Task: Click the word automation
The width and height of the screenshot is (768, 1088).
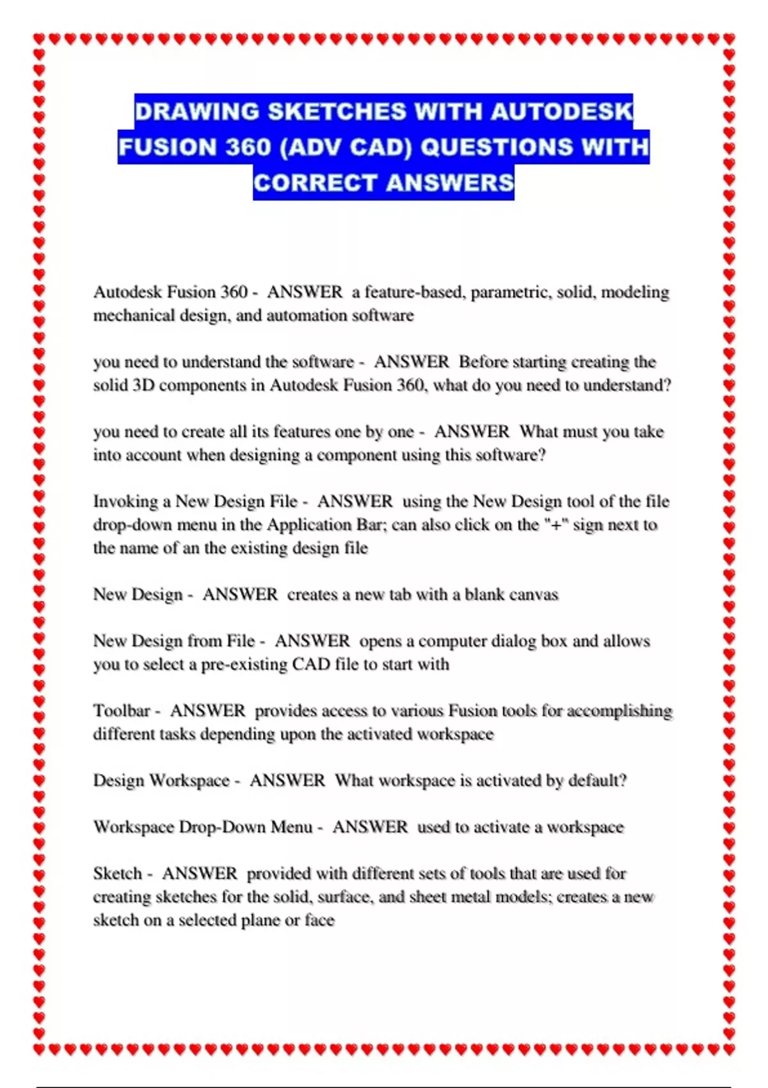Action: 305,316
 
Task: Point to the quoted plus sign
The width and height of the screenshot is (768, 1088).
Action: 556,525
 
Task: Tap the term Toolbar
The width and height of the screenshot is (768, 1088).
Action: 121,711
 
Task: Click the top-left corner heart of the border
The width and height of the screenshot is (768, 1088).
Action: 39,39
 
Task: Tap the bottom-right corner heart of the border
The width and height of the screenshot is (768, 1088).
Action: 729,1050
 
